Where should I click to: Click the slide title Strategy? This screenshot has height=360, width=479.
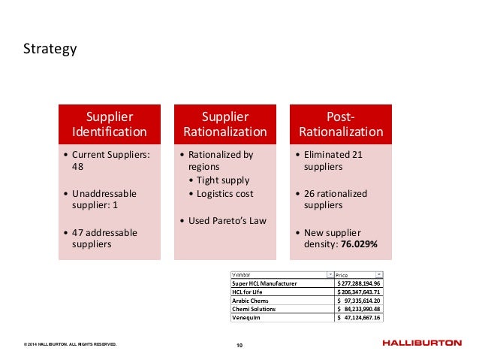[x=50, y=50]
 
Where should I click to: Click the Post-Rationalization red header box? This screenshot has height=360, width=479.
[x=342, y=125]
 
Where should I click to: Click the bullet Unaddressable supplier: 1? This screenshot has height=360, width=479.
[x=110, y=200]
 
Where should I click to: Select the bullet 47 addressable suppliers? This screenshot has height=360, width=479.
[x=110, y=239]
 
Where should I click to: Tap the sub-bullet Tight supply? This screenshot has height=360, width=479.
[x=222, y=180]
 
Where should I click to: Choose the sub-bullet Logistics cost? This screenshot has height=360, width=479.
[x=224, y=194]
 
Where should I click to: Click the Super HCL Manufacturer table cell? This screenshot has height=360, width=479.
[x=264, y=283]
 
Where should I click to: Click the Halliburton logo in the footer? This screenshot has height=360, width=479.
[x=421, y=343]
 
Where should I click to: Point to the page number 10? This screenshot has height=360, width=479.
[x=239, y=345]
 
